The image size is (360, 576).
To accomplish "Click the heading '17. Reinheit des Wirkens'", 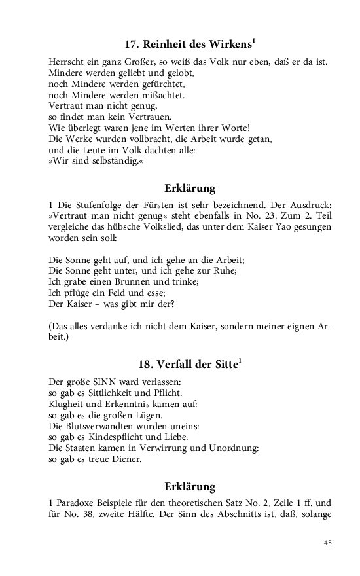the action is tap(189, 45).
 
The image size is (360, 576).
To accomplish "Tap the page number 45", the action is tap(328, 543).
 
